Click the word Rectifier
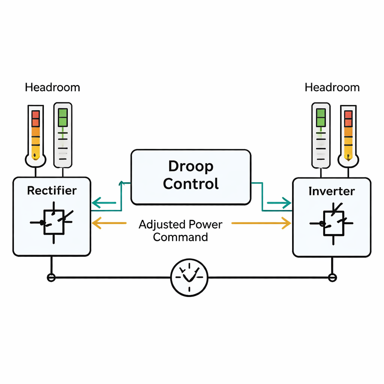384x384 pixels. [x=52, y=190]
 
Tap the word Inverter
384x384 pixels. [x=331, y=191]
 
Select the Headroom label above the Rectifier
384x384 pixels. [x=52, y=88]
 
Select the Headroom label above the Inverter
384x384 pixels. [x=332, y=88]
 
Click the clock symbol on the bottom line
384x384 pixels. [x=189, y=277]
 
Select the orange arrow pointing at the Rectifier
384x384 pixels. [x=109, y=223]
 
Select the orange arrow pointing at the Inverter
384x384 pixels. [x=262, y=223]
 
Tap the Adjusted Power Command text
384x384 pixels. [x=180, y=231]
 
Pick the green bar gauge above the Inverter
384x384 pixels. [x=321, y=135]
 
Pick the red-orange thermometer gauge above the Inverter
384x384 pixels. [x=348, y=135]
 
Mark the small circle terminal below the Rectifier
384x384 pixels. [x=51, y=277]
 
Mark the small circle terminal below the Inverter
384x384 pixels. [x=332, y=277]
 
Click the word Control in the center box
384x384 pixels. [x=191, y=184]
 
